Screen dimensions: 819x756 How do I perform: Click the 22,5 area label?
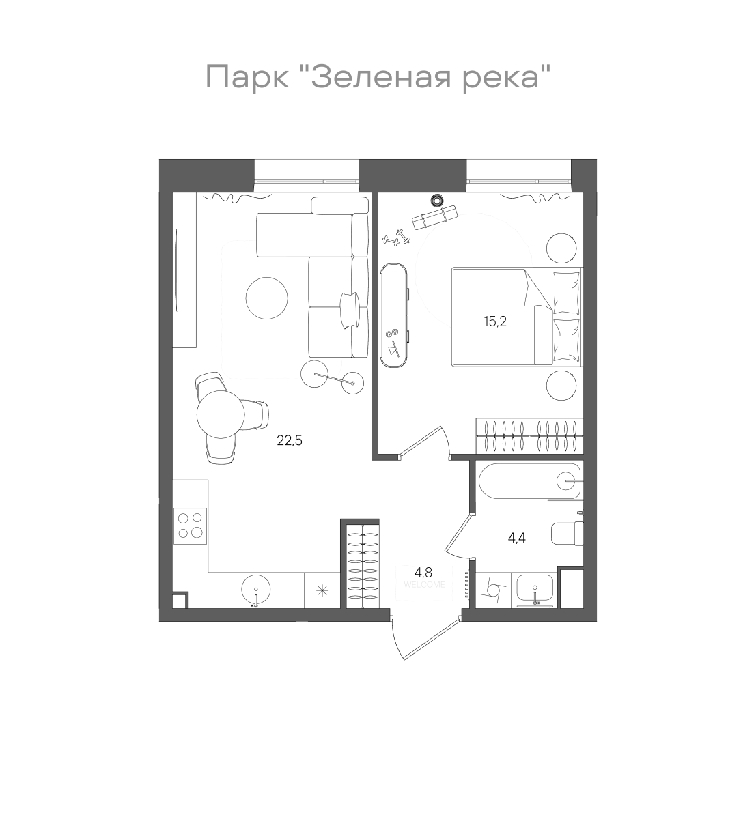click(289, 440)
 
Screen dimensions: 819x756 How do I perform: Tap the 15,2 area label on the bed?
click(495, 321)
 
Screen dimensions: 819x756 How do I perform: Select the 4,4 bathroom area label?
click(516, 537)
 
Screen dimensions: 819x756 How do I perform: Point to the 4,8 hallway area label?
click(423, 572)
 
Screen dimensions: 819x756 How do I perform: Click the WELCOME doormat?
click(424, 586)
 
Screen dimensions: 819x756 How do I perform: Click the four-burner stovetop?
click(190, 525)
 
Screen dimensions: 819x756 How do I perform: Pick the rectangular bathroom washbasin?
click(536, 589)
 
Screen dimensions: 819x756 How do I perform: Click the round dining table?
click(220, 414)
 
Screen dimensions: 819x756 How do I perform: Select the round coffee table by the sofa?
click(266, 298)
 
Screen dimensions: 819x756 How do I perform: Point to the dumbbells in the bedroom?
click(396, 239)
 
